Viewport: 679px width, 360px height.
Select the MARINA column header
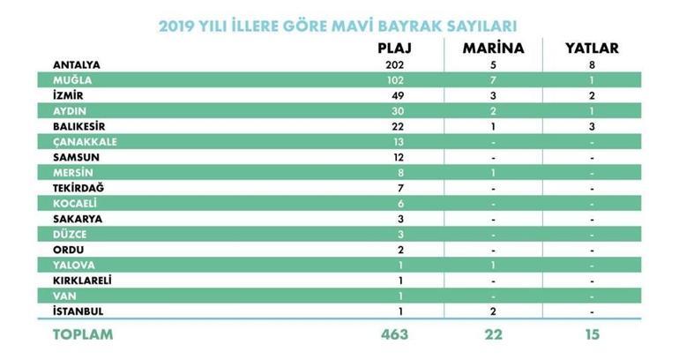493,48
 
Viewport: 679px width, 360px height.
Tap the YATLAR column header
592,48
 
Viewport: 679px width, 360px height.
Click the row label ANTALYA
77,64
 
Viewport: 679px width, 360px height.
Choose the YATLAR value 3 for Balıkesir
592,126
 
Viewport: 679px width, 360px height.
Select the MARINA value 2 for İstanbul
493,311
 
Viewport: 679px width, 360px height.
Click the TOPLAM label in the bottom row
82,335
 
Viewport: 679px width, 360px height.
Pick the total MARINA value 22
493,335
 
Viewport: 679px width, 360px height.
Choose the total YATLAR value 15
592,335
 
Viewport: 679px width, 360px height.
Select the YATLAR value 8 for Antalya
592,64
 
